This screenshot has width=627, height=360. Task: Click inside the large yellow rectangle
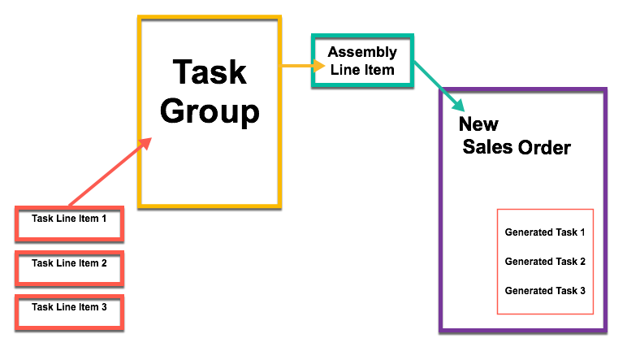210,111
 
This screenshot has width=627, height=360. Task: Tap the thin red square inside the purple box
545,262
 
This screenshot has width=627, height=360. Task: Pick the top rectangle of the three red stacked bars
69,223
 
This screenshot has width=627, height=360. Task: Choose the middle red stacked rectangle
69,268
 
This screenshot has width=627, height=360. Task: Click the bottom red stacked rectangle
69,312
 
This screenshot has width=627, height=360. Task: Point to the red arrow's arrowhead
146,142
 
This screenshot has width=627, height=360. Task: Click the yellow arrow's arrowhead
320,66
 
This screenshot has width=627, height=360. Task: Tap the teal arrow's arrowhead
459,106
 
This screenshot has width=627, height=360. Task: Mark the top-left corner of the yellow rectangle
140,17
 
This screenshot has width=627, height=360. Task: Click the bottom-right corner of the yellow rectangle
279,206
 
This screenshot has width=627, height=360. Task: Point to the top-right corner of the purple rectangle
605,89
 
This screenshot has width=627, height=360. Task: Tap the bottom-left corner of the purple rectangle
441,330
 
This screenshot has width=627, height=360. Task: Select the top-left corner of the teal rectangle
313,36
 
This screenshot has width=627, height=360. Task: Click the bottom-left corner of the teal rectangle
313,84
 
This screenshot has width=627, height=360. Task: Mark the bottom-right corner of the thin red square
593,314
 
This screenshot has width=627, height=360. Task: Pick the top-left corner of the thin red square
498,210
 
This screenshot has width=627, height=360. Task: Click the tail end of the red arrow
70,206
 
